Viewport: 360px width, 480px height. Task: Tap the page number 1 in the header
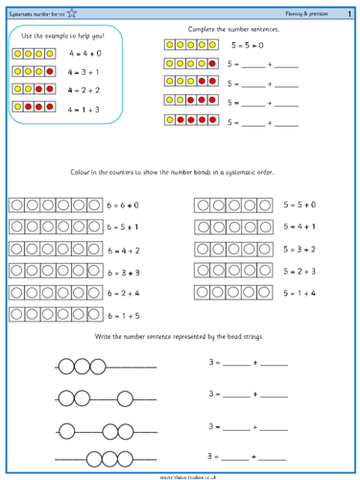pos(349,10)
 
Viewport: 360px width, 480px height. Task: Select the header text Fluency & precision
pos(303,10)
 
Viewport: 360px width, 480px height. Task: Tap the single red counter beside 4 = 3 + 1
pos(49,72)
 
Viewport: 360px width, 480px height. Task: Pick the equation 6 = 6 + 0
pos(124,205)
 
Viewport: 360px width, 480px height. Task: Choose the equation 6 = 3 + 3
pos(124,272)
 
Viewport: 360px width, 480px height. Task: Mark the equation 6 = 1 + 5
pos(124,315)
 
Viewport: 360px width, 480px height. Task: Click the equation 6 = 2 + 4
pos(124,293)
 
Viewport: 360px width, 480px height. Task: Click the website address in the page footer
pos(180,475)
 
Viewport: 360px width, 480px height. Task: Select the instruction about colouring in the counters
pos(180,174)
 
